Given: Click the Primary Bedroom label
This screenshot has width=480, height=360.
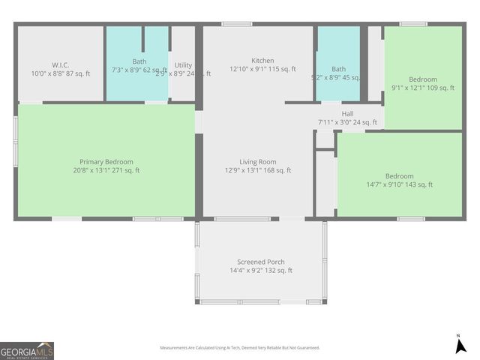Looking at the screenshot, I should (x=106, y=161).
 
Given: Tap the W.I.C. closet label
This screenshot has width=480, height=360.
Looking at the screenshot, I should (x=61, y=65).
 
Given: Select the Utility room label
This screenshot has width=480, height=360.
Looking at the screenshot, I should (x=183, y=65).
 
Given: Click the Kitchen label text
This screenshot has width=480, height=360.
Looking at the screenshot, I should (x=262, y=61).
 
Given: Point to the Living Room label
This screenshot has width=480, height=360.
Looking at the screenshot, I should (x=258, y=161).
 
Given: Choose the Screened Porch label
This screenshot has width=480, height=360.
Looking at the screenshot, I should (x=260, y=262).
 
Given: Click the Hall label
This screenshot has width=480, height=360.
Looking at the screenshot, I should (x=347, y=114).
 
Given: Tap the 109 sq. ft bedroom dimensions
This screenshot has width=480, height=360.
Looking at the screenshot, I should (x=423, y=88).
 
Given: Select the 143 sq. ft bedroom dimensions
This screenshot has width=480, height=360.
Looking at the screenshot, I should (x=399, y=184).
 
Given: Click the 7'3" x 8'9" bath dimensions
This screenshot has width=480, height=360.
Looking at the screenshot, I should (x=139, y=70).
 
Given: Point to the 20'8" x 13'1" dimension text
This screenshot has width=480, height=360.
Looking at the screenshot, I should (x=106, y=170).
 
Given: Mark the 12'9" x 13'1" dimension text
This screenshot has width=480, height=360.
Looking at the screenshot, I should (x=258, y=170).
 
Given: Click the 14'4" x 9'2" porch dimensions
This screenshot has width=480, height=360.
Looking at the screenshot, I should (x=260, y=271).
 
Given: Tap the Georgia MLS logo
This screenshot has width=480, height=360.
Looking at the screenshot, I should (x=27, y=351).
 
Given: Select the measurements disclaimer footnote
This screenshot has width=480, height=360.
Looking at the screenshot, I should (x=240, y=348).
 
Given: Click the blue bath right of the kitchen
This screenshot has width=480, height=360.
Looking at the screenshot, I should (x=338, y=64).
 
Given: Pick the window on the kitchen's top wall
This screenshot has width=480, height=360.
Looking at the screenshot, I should (x=237, y=24).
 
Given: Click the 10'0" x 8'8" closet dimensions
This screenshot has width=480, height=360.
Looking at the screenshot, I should (x=61, y=73).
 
